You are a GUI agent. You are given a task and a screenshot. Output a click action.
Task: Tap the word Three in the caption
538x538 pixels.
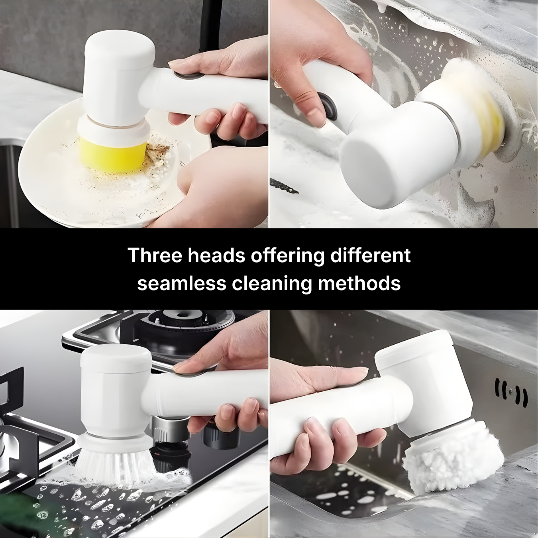(154, 255)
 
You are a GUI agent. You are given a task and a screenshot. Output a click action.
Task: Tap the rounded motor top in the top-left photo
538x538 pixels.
(120, 50)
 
